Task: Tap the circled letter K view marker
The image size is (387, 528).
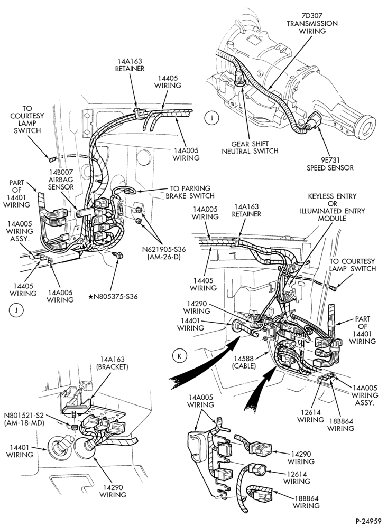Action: point(179,356)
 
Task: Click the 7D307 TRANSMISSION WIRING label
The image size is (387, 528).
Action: point(312,23)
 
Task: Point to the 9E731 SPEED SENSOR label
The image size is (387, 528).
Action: point(330,164)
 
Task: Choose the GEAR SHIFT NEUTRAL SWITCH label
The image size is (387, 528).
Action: point(250,147)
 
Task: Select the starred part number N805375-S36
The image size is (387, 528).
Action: point(113,297)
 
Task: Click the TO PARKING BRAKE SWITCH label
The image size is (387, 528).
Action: point(190,192)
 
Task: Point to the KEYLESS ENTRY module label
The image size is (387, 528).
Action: point(333,207)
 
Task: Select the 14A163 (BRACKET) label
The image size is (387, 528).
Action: point(112,363)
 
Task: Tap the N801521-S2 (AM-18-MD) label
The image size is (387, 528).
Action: point(25,419)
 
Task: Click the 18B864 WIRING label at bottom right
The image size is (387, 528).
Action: point(306,502)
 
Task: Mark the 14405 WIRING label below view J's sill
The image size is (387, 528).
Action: point(23,289)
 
